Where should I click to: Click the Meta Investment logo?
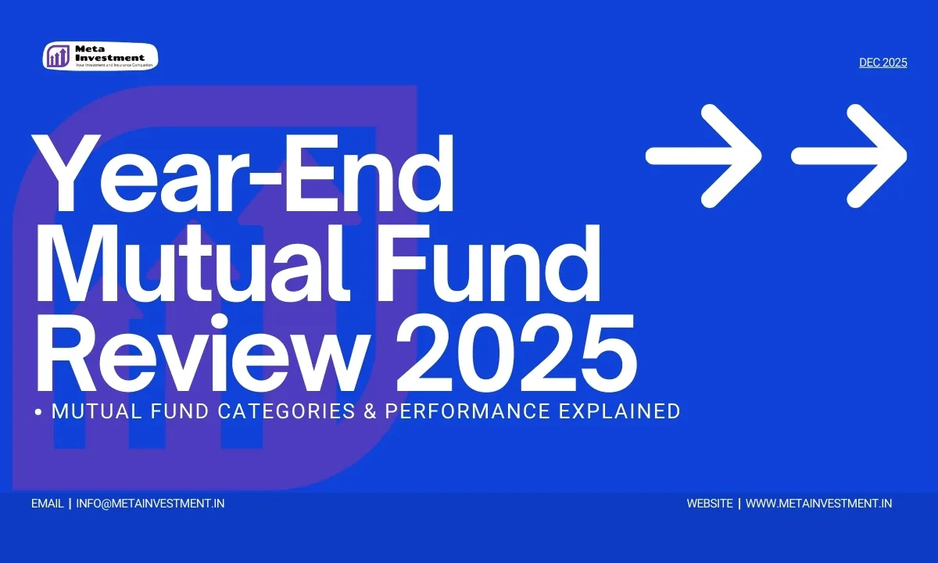pos(100,56)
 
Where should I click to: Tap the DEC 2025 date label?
pos(883,63)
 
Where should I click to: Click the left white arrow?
pos(703,156)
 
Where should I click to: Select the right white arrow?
pos(850,156)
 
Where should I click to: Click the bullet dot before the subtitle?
pos(38,412)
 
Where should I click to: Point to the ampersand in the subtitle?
pos(369,411)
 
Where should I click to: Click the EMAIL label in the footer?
pos(48,504)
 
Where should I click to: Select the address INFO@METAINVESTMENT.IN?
pos(150,504)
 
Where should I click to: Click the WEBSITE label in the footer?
pos(710,504)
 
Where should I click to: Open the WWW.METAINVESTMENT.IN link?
pos(818,504)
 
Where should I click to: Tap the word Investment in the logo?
pos(109,58)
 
